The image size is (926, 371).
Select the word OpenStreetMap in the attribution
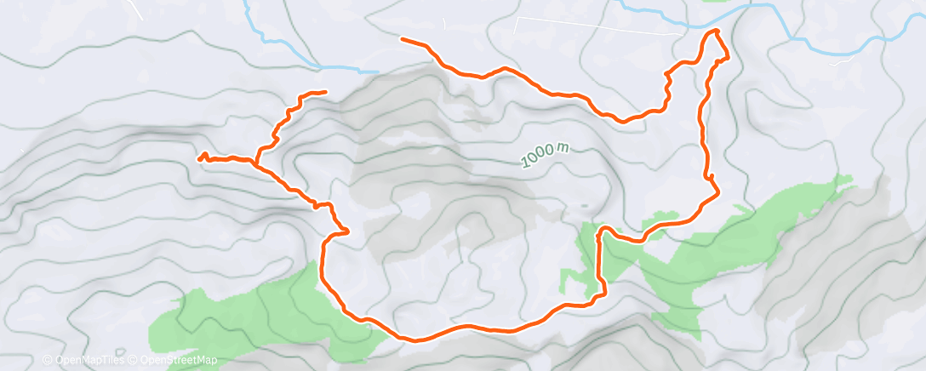180,360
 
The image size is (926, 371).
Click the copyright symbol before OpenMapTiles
47,360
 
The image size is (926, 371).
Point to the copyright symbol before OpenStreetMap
134,360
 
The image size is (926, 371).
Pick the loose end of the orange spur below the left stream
324,92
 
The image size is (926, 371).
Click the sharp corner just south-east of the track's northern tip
728,57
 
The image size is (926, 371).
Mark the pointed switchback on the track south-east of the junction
347,230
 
